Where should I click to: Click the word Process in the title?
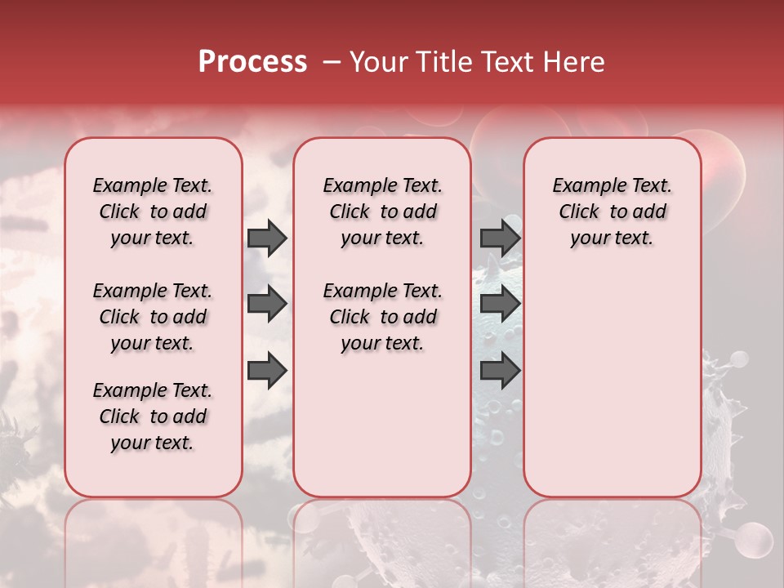click(252, 61)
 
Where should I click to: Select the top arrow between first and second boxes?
click(267, 238)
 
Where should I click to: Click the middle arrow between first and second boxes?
click(267, 304)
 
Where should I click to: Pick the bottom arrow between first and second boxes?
click(267, 371)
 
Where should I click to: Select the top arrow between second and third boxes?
click(500, 238)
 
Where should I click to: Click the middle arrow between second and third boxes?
click(500, 304)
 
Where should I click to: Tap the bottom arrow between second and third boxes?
click(500, 371)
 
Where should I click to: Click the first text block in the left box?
click(153, 212)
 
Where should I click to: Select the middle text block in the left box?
click(153, 317)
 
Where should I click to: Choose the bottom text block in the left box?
click(153, 416)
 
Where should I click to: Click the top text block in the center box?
click(382, 212)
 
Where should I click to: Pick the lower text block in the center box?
click(382, 317)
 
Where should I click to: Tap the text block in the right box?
click(612, 212)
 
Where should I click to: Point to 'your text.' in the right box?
click(612, 238)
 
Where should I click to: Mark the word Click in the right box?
click(579, 212)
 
